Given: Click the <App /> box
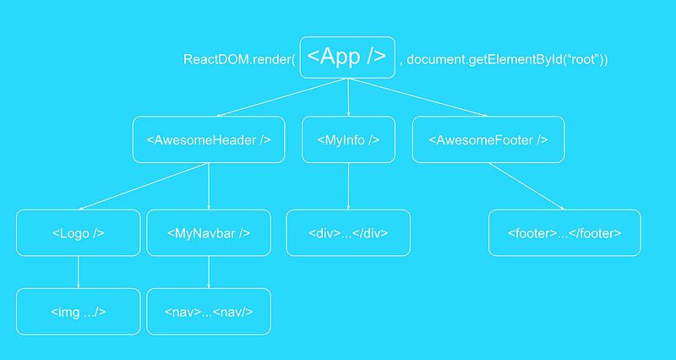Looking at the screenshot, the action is (x=347, y=57).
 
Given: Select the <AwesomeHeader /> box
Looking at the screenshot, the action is (x=209, y=139).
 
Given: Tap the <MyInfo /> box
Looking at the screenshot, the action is (x=348, y=139).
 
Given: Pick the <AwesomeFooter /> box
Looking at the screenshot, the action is (x=488, y=139).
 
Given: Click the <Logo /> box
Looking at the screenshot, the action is (x=79, y=232).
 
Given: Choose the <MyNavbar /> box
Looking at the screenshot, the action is (x=209, y=232).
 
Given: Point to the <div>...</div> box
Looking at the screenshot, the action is (x=348, y=232).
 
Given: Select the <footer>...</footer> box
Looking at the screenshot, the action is (x=564, y=232).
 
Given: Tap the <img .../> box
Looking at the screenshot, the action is (x=79, y=311).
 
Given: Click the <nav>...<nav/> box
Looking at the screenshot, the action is (x=209, y=311).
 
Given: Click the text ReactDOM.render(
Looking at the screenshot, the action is (x=239, y=59).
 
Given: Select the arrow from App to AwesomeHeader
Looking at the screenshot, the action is (x=282, y=97).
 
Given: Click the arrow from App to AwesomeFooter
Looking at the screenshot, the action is (x=417, y=97).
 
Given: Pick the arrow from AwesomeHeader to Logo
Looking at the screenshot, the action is (x=144, y=186).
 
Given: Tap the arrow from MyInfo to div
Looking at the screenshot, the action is (x=348, y=186).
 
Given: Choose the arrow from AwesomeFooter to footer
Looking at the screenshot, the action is (x=526, y=186).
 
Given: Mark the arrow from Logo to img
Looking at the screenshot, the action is (x=78, y=272).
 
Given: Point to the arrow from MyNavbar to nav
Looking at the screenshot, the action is (x=209, y=272).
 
